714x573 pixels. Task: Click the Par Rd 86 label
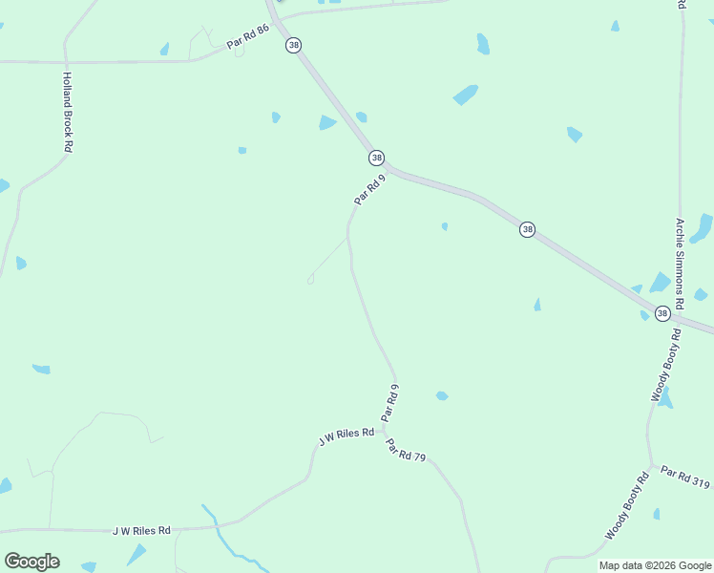point(247,37)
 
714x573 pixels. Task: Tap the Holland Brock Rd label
point(67,113)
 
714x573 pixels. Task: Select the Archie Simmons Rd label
point(680,264)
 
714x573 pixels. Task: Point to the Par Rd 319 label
point(685,477)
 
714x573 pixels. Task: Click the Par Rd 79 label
point(405,450)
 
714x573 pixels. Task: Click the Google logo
point(31,562)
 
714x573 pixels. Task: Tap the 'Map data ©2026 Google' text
point(655,565)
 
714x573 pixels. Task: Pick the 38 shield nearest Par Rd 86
point(294,45)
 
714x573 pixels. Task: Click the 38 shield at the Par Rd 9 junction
point(376,158)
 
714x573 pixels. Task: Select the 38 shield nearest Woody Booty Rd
point(662,313)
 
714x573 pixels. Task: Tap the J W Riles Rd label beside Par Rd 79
point(346,436)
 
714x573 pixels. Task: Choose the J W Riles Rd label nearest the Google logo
point(141,530)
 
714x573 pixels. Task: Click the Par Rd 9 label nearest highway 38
point(368,189)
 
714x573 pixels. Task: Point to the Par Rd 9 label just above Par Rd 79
point(389,403)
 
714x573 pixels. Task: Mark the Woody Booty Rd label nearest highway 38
point(666,365)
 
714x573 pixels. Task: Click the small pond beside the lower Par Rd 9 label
point(442,395)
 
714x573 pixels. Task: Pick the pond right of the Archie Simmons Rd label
point(702,228)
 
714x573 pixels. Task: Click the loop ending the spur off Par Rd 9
point(310,280)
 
